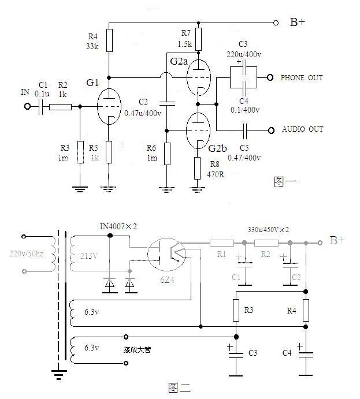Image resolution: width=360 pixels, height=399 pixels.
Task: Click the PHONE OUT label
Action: (x=302, y=78)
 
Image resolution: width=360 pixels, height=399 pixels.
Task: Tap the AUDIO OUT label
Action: (x=303, y=129)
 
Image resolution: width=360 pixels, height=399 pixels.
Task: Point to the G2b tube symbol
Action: (x=198, y=128)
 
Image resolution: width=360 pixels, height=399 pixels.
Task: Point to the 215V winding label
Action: (x=90, y=255)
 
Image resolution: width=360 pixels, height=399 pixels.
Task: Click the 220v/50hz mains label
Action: (x=26, y=253)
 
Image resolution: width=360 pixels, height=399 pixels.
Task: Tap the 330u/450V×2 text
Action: (x=268, y=229)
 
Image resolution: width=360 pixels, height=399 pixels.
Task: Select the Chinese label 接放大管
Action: (x=138, y=349)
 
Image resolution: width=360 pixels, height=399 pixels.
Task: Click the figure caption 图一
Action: (x=284, y=181)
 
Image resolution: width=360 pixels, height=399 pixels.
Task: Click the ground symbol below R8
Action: (x=198, y=188)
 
